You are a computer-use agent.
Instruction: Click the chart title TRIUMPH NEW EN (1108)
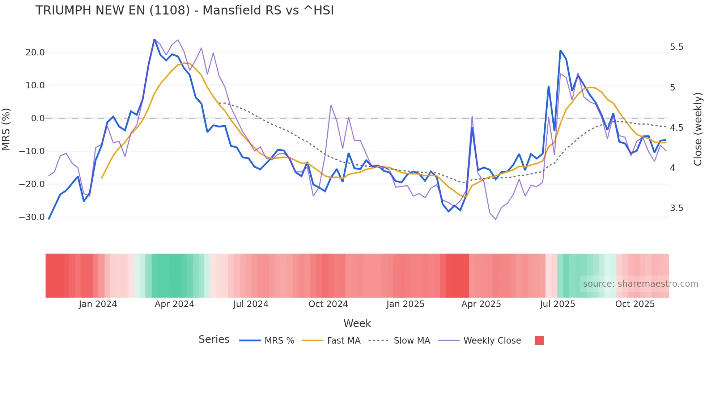[x=184, y=10]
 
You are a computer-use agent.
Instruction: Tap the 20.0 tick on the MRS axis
[x=35, y=52]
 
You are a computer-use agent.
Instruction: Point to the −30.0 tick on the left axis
[x=32, y=217]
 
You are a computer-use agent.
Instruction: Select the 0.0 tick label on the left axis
[x=38, y=118]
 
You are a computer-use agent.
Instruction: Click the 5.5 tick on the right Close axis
[x=676, y=47]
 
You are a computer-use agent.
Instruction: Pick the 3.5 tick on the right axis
[x=676, y=208]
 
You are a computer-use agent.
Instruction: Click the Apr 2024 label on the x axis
[x=174, y=304]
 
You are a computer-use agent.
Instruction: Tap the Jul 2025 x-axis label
[x=557, y=304]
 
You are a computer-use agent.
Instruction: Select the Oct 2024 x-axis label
[x=328, y=304]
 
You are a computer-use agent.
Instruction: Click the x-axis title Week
[x=357, y=323]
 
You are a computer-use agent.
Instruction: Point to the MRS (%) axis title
[x=6, y=129]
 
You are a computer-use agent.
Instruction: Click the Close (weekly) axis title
[x=698, y=129]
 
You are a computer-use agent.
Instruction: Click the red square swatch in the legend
[x=539, y=340]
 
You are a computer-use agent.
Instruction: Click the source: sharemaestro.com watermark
[x=640, y=284]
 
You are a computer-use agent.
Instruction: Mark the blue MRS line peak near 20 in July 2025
[x=560, y=50]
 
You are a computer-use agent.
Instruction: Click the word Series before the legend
[x=214, y=340]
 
